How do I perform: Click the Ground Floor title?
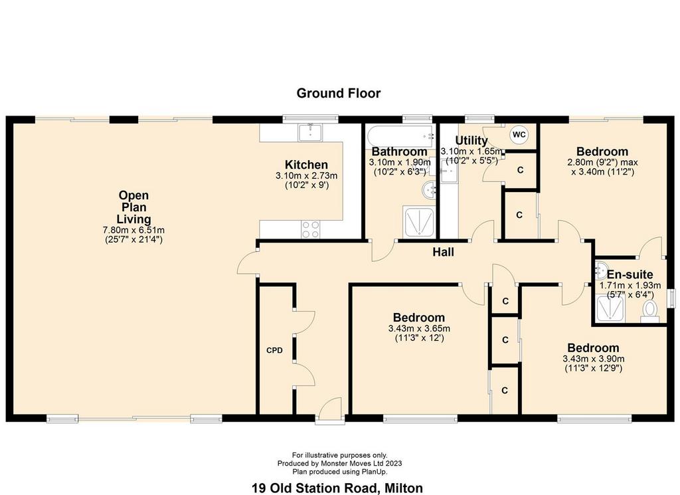338,93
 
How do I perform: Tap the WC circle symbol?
519,134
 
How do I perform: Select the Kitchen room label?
306,165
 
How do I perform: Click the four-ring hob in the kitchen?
311,229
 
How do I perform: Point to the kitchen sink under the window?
311,132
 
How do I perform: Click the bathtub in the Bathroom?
400,136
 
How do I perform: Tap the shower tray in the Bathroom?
418,222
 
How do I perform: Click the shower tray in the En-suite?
611,308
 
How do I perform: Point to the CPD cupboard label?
274,350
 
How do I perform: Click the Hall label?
443,252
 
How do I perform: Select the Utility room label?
471,141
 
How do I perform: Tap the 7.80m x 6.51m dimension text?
133,230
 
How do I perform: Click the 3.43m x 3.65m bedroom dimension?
419,328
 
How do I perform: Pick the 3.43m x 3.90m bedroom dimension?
593,359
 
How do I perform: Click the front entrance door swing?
329,408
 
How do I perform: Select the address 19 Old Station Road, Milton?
337,488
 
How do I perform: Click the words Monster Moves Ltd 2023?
359,463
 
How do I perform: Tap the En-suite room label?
630,274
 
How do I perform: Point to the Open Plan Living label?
133,207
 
